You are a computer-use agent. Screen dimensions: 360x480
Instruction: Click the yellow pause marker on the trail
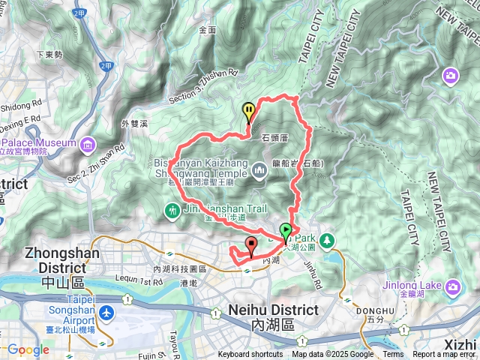click(248, 112)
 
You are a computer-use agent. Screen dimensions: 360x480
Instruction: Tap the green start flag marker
click(286, 232)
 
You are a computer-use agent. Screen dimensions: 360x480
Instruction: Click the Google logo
click(28, 349)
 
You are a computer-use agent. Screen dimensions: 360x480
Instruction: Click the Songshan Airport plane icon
click(107, 311)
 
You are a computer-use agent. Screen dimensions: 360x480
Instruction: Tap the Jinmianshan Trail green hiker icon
click(173, 211)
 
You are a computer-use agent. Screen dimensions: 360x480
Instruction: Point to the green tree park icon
click(328, 240)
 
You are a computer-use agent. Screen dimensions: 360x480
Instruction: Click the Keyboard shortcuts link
click(250, 355)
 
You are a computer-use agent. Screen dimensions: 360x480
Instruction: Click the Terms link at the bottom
click(393, 355)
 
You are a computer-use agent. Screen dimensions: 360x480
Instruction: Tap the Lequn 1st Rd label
click(136, 282)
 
